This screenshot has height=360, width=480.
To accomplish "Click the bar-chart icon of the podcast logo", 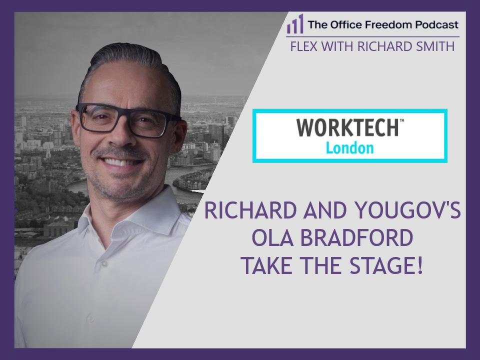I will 295,24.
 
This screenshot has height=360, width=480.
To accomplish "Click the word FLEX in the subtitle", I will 303,46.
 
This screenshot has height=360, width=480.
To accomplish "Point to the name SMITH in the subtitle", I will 437,46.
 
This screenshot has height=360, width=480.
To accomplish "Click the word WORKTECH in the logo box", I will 347,128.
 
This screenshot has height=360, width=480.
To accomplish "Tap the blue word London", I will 349,148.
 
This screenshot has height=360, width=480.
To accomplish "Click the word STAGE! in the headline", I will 390,266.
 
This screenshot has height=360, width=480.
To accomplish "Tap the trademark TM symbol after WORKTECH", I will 402,120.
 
